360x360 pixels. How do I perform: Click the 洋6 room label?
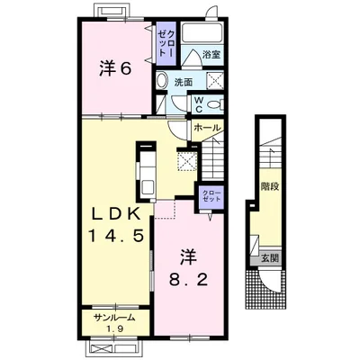click(116, 68)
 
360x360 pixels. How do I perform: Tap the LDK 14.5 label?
click(115, 224)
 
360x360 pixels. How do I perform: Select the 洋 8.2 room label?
click(188, 268)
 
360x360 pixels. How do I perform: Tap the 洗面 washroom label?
click(184, 82)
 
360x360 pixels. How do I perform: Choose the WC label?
click(199, 104)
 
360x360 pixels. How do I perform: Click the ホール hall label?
click(207, 128)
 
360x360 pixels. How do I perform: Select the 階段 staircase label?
click(270, 186)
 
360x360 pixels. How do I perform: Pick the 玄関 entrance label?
click(270, 258)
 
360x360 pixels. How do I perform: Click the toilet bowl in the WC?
click(215, 104)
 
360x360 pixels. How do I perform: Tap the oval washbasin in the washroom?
click(162, 81)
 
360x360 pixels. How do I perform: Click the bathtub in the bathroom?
click(202, 32)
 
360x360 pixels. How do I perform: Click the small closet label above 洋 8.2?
click(211, 195)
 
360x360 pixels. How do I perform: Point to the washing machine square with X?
click(215, 80)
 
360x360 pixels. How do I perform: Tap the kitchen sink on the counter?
click(148, 187)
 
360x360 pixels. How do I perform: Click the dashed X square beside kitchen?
click(187, 161)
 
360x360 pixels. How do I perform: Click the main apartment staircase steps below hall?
click(212, 160)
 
